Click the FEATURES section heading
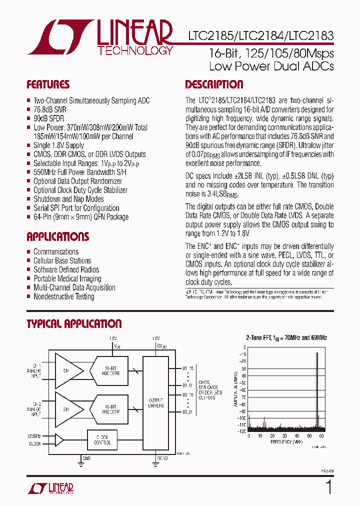coord(48,84)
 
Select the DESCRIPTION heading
coord(214,84)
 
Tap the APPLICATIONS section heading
coord(57,236)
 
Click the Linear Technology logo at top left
coord(100,37)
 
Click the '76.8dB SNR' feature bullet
coord(49,109)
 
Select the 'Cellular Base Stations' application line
coord(62,261)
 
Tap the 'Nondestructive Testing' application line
coord(63,297)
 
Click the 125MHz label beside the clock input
coord(34,436)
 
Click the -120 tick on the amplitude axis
coord(241,431)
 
